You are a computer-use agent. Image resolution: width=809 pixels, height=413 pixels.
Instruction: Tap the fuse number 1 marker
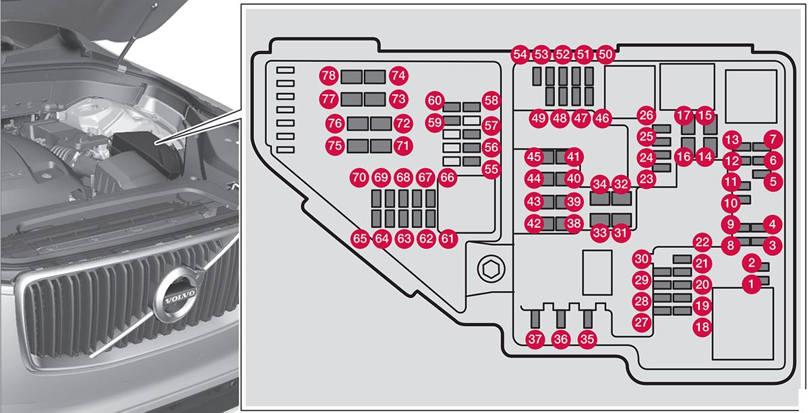(750, 284)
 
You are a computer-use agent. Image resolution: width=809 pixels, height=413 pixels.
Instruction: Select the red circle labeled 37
(535, 340)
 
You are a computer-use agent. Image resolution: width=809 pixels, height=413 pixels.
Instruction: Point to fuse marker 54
(520, 55)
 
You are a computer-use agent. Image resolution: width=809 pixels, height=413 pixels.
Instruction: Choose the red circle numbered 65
(361, 238)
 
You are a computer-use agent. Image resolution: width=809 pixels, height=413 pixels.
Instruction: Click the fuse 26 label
(647, 115)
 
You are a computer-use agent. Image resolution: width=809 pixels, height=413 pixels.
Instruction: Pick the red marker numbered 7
(773, 139)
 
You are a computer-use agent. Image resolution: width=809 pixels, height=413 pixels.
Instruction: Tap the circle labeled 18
(702, 327)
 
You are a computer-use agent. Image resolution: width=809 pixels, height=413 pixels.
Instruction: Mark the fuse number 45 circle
(534, 156)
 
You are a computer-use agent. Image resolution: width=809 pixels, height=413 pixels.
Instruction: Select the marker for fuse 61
(448, 238)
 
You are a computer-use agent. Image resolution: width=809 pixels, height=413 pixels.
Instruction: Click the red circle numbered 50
(605, 55)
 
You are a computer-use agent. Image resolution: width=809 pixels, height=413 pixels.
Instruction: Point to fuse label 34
(599, 183)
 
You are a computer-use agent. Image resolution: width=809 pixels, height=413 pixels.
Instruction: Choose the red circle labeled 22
(702, 243)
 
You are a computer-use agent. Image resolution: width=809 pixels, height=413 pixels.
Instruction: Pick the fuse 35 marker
(587, 340)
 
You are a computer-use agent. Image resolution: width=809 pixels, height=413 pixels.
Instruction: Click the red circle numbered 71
(402, 145)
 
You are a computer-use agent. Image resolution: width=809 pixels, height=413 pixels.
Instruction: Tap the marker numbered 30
(642, 259)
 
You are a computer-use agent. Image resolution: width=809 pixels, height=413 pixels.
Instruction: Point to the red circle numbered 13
(732, 139)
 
